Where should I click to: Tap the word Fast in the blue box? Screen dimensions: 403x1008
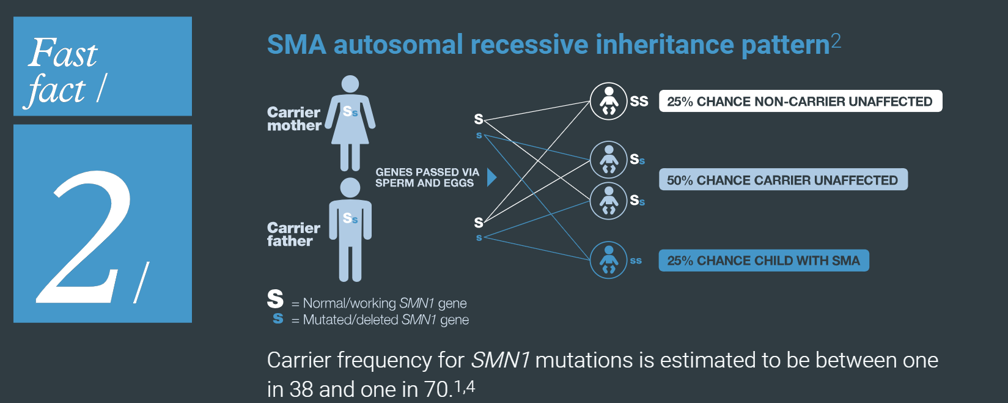[62, 53]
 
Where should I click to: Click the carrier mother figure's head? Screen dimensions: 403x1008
[350, 84]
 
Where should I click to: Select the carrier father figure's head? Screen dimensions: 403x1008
[350, 187]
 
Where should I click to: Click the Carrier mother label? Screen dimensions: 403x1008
[294, 119]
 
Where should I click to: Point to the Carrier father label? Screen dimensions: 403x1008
[293, 234]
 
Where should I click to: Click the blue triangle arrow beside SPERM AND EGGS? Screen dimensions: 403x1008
[491, 177]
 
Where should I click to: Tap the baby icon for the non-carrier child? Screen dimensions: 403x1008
[608, 101]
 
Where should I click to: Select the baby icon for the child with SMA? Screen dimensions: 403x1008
[608, 260]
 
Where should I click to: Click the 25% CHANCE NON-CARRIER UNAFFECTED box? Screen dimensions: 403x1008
[800, 102]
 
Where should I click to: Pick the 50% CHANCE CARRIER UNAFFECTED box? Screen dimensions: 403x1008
[782, 180]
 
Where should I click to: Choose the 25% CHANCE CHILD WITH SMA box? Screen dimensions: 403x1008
[763, 261]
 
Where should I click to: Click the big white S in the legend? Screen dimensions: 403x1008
[275, 298]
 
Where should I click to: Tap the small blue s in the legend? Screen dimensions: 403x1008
[278, 318]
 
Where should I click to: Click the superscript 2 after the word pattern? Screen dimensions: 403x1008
[836, 40]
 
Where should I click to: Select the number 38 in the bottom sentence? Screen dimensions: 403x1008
[301, 389]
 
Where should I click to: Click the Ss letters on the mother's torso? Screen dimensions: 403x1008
[350, 111]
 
